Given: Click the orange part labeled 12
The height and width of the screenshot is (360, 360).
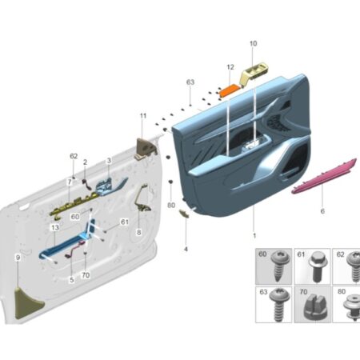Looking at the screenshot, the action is pyautogui.click(x=229, y=90).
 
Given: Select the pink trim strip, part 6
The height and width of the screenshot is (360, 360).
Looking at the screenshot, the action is pyautogui.click(x=324, y=176).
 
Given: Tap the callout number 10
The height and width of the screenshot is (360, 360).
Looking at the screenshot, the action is pyautogui.click(x=253, y=43).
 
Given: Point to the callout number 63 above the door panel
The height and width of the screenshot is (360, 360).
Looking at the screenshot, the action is pyautogui.click(x=190, y=82).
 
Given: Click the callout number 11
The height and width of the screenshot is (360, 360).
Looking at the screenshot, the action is pyautogui.click(x=143, y=116).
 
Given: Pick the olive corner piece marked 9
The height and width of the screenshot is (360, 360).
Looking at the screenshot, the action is pyautogui.click(x=27, y=302).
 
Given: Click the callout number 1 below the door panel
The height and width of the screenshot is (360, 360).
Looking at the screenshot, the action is pyautogui.click(x=254, y=236).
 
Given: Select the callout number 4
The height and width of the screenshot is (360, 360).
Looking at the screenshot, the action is pyautogui.click(x=186, y=249).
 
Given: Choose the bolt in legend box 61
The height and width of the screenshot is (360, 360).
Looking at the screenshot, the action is pyautogui.click(x=318, y=266).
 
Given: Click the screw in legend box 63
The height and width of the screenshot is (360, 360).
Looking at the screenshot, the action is pyautogui.click(x=279, y=304).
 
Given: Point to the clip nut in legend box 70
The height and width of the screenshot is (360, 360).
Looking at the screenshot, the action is pyautogui.click(x=314, y=306).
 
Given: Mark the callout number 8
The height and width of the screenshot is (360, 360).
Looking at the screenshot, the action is pyautogui.click(x=138, y=232).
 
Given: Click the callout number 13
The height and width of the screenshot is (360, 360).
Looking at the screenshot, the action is pyautogui.click(x=55, y=228).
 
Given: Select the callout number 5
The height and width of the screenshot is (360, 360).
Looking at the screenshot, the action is pyautogui.click(x=72, y=280).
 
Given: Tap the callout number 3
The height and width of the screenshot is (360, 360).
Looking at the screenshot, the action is pyautogui.click(x=109, y=161).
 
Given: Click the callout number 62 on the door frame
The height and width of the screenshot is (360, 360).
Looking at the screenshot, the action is pyautogui.click(x=74, y=156).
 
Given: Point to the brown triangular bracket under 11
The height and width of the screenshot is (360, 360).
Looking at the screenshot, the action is pyautogui.click(x=146, y=149).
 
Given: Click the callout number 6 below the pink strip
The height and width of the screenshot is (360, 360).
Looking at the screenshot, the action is pyautogui.click(x=322, y=211).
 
